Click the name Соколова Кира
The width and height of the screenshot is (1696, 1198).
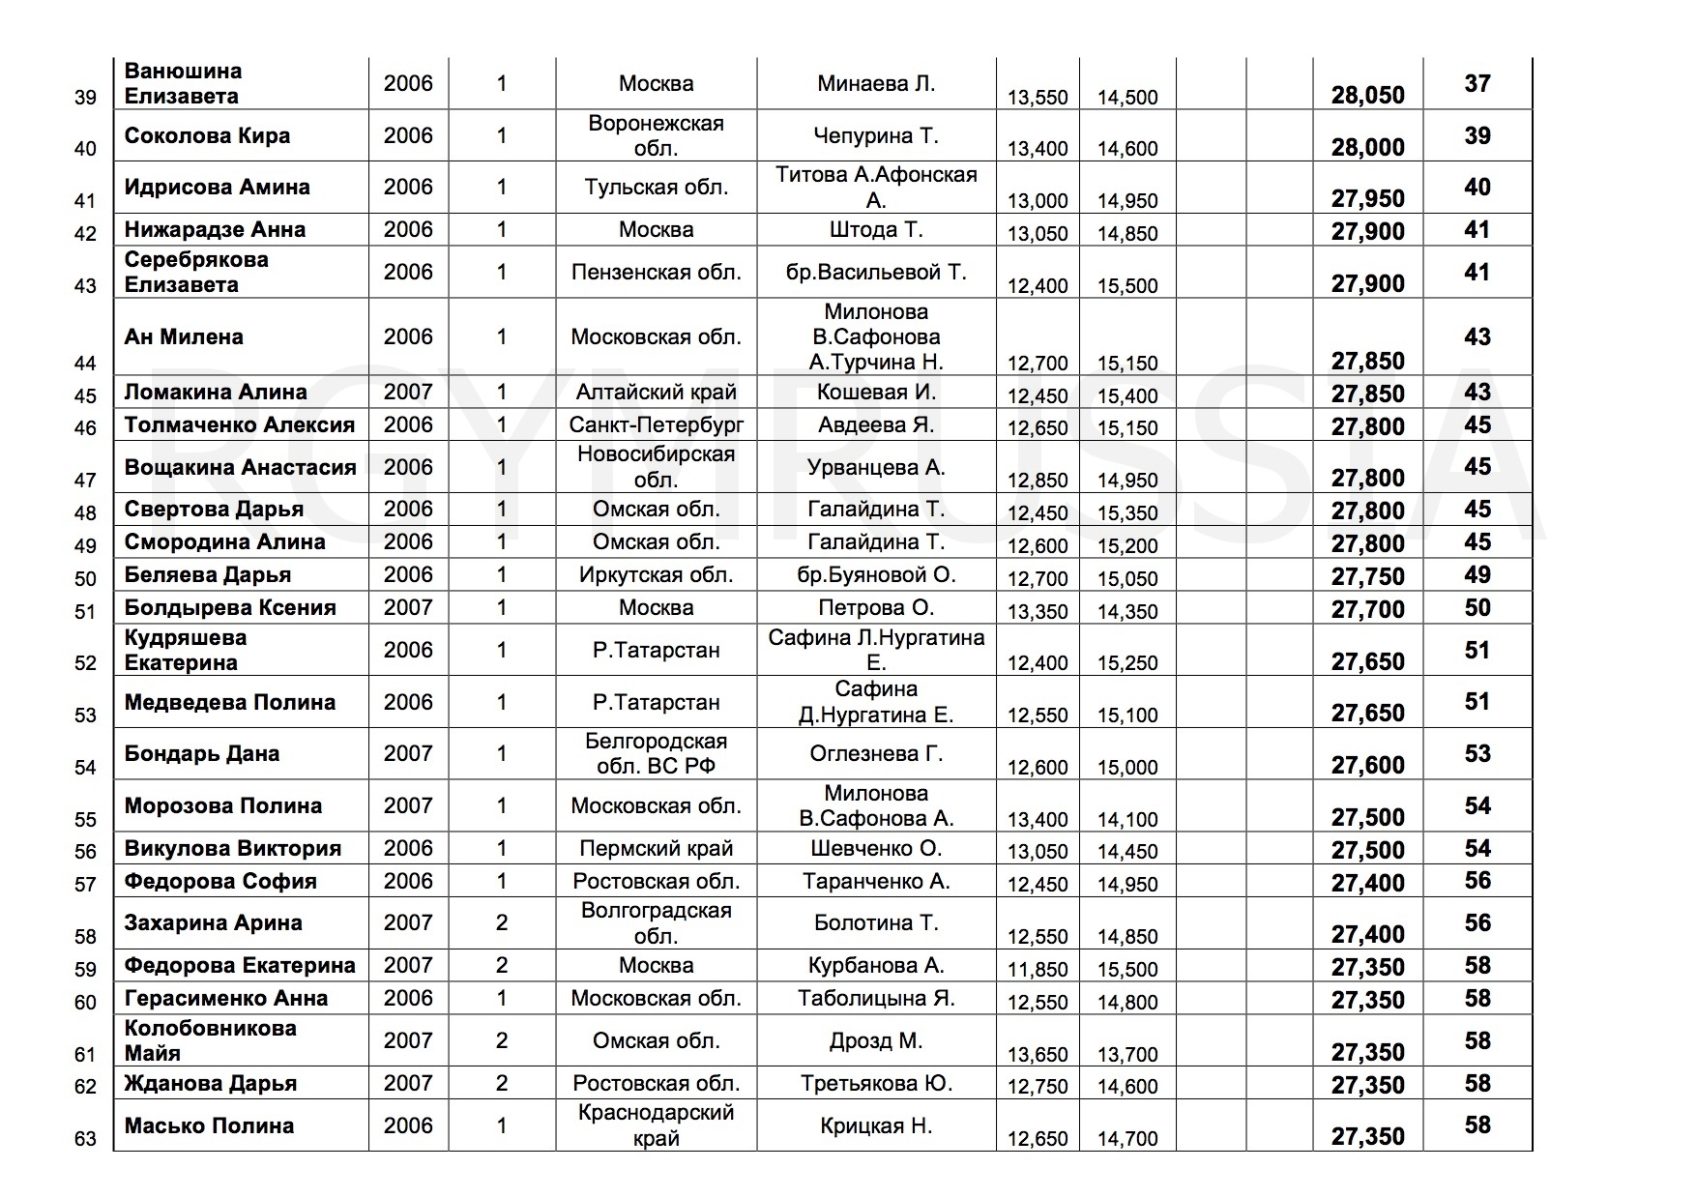pos(207,135)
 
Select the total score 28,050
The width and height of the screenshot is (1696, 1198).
pos(1367,95)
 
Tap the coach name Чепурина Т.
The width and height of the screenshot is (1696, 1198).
pos(876,135)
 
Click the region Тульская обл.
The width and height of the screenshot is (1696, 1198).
pos(656,188)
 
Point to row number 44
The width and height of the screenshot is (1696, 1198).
pos(85,363)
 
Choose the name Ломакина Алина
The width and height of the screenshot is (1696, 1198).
pos(216,392)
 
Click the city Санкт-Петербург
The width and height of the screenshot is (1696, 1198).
pos(656,424)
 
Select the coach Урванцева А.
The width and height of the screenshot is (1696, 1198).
pos(876,467)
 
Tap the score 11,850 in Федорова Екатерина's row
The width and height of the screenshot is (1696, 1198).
pos(1038,969)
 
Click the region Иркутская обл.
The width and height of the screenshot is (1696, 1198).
pos(656,574)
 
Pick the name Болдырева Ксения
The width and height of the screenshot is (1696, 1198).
pos(230,607)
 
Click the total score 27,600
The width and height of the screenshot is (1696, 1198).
pos(1367,766)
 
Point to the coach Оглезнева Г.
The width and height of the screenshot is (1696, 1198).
pos(876,753)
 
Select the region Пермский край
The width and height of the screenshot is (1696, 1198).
pos(656,848)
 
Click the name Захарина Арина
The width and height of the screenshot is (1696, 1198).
pos(213,922)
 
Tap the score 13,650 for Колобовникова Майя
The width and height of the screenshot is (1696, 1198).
pos(1038,1054)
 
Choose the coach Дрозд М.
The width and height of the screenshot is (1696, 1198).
pos(876,1040)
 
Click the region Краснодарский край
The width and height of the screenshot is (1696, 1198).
pos(656,1125)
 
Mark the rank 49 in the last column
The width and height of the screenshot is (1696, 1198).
pos(1477,574)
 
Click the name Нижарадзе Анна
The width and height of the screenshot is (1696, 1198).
pos(215,229)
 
